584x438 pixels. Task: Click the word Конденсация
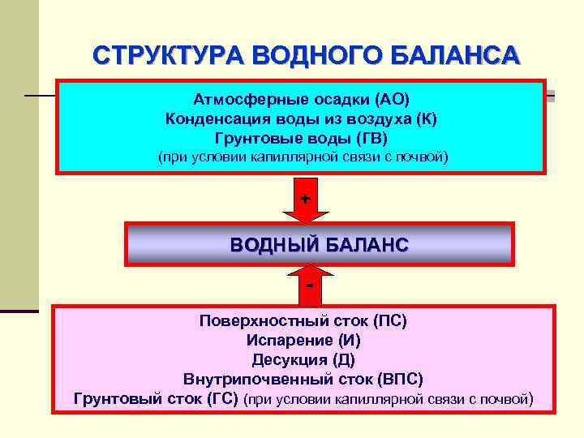pyautogui.click(x=214, y=118)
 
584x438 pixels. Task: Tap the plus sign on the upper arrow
pyautogui.click(x=306, y=198)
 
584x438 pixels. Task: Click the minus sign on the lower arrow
pyautogui.click(x=309, y=285)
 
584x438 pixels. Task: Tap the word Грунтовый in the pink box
pyautogui.click(x=115, y=398)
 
